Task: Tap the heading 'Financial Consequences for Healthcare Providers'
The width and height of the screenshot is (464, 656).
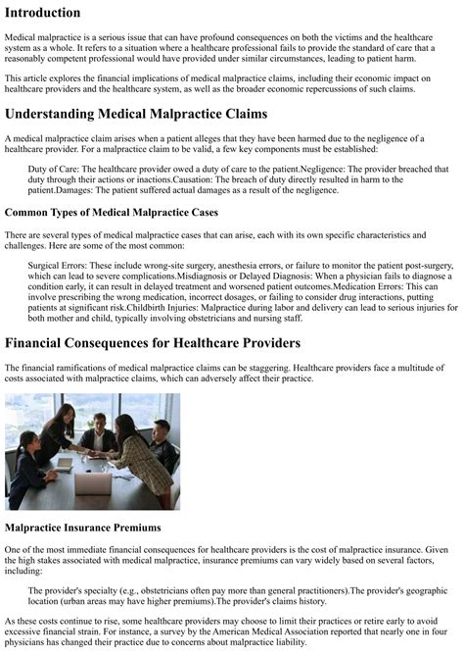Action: click(178, 343)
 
